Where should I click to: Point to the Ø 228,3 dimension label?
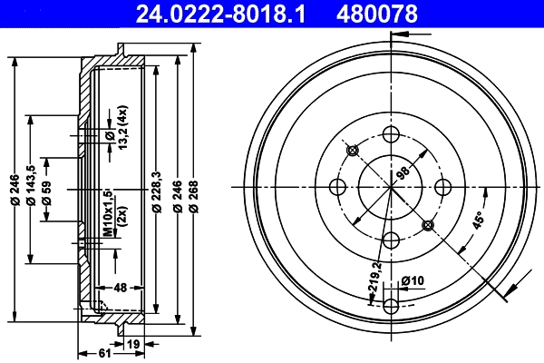tap(157, 193)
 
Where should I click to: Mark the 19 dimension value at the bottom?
tap(133, 343)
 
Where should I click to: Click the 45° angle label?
tap(477, 221)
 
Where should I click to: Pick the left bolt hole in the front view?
tap(339, 187)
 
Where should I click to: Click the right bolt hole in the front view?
tap(443, 187)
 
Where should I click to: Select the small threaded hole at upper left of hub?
tap(354, 150)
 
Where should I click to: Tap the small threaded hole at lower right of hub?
tap(429, 224)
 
